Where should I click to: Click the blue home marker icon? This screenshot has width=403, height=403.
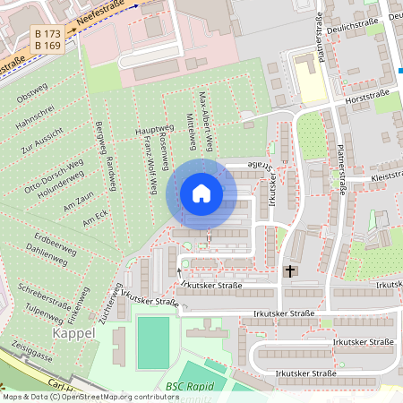point(201,193)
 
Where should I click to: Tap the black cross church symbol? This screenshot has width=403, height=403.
point(289,270)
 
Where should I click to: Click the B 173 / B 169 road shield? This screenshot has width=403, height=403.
point(47,38)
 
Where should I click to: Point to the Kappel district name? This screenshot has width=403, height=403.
point(73,333)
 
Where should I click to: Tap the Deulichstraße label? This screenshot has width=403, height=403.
point(344,24)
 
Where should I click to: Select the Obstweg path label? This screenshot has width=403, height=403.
point(32,90)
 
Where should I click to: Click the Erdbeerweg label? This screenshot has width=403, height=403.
point(50,240)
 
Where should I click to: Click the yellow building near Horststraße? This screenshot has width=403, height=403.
point(309,82)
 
